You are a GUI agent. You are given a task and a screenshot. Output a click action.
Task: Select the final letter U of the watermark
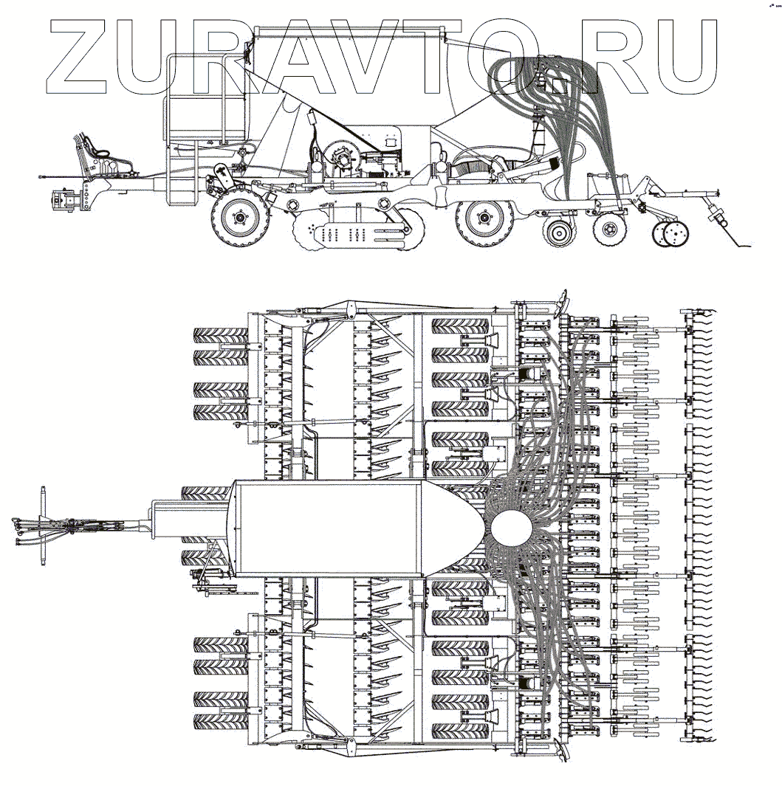[x=682, y=58]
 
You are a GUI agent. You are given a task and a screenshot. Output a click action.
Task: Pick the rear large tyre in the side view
[x=484, y=218]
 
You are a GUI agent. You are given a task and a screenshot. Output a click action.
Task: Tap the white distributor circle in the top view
[x=511, y=529]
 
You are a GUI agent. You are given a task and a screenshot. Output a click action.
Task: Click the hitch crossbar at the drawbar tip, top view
[x=44, y=525]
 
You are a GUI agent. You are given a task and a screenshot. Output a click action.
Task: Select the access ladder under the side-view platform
[x=181, y=173]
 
